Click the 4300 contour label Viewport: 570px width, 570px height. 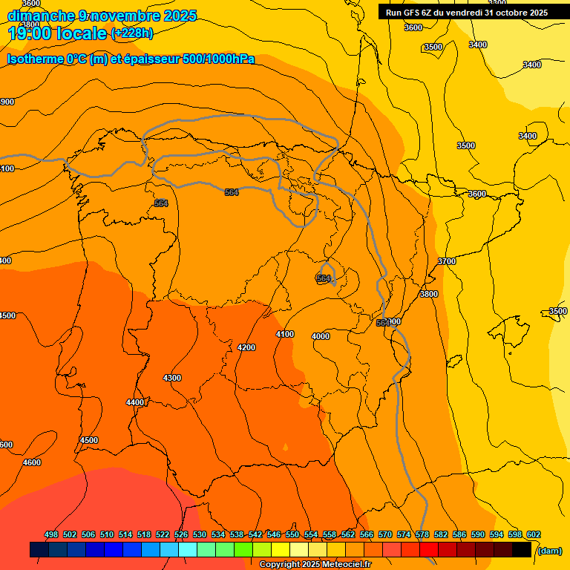[171, 378]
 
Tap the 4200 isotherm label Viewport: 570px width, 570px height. [246, 347]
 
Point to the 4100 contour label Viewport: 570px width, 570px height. [285, 334]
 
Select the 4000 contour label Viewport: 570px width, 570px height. [321, 336]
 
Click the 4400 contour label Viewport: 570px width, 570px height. [135, 402]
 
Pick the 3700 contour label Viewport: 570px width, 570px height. [447, 261]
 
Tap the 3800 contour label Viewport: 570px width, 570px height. [429, 294]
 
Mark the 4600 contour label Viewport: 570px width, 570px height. [32, 462]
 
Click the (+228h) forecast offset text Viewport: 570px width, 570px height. [132, 33]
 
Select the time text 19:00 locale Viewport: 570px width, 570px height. [57, 33]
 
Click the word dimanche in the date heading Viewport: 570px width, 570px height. [40, 15]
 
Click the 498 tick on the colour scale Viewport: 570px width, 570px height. [51, 534]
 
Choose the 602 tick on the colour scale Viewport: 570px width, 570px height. [534, 534]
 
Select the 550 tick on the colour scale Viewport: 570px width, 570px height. [292, 534]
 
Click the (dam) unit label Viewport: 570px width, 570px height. [549, 551]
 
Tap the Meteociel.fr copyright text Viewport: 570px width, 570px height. [315, 564]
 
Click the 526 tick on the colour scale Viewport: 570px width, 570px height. [181, 534]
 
